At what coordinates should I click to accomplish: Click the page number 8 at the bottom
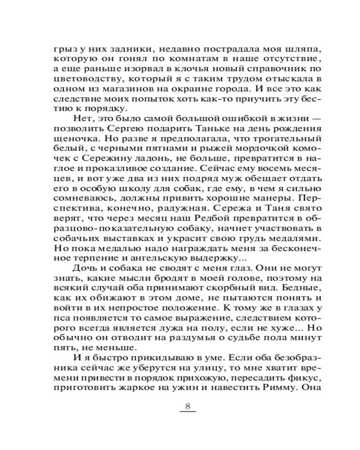click(x=188, y=408)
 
